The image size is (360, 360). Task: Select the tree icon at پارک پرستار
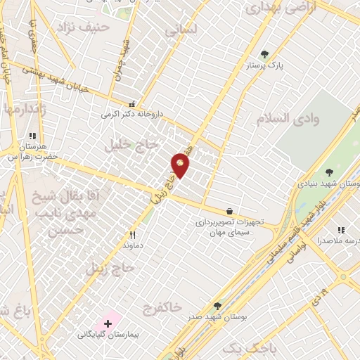(x=264, y=54)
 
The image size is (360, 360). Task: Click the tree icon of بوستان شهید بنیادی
(x=330, y=172)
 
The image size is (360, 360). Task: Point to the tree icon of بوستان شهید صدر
(x=217, y=306)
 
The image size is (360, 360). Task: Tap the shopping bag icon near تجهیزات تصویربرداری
(x=229, y=210)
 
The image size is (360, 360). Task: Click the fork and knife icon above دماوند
(x=132, y=235)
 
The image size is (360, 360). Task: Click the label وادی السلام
(x=288, y=117)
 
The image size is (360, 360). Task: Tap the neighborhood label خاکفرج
(x=162, y=307)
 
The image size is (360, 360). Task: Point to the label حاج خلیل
(x=127, y=145)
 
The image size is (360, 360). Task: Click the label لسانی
(x=181, y=31)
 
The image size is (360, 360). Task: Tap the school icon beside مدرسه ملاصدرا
(x=341, y=230)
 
